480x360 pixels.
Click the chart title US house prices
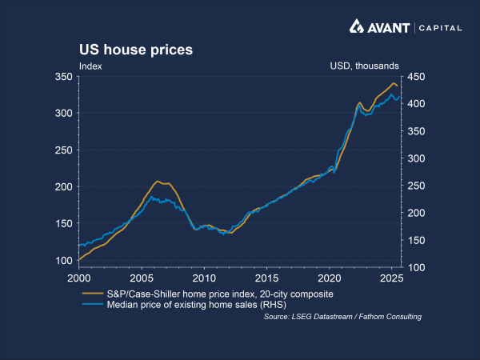pyautogui.click(x=135, y=50)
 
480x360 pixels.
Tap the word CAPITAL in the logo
pyautogui.click(x=438, y=28)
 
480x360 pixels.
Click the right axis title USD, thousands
pyautogui.click(x=364, y=66)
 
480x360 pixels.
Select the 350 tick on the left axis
pyautogui.click(x=63, y=77)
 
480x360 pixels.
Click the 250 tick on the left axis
pyautogui.click(x=63, y=150)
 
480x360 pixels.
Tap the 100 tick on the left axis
pyautogui.click(x=63, y=260)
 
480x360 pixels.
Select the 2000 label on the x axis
pyautogui.click(x=78, y=278)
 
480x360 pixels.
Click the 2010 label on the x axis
pyautogui.click(x=204, y=278)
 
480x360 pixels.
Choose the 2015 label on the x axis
pyautogui.click(x=266, y=278)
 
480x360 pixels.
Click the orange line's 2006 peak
pyautogui.click(x=158, y=182)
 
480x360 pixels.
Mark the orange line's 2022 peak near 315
pyautogui.click(x=359, y=102)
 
